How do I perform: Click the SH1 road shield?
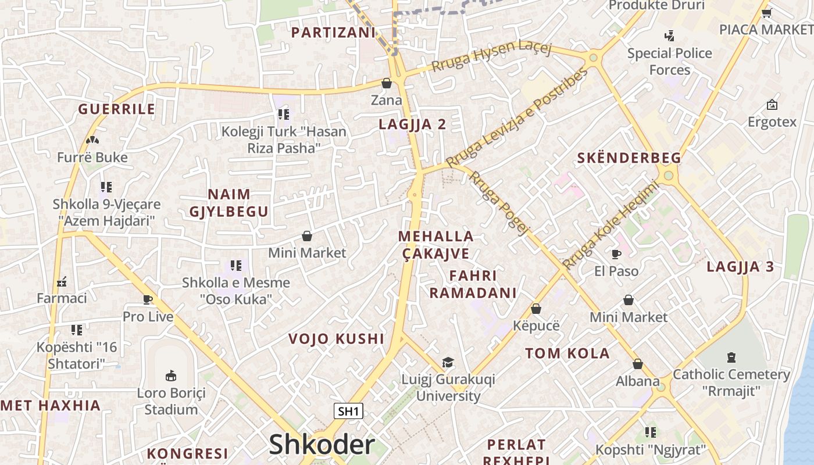click(349, 412)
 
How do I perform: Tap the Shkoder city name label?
click(322, 445)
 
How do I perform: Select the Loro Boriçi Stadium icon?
click(171, 375)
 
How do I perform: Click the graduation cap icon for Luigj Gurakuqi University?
click(448, 362)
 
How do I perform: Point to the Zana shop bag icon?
click(387, 83)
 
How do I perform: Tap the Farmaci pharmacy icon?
click(62, 282)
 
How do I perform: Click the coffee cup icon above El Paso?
click(616, 254)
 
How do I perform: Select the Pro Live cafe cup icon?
click(148, 300)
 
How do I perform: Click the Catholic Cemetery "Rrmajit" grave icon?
click(731, 357)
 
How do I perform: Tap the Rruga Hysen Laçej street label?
click(491, 56)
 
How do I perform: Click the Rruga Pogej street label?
click(498, 202)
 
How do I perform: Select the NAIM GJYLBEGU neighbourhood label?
click(229, 203)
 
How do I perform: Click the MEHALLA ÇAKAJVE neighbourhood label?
click(436, 245)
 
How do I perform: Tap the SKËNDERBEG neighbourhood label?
click(629, 158)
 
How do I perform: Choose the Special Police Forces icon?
click(669, 36)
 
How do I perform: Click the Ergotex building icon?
click(772, 105)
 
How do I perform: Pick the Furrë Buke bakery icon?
click(92, 140)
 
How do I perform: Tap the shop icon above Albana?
click(638, 364)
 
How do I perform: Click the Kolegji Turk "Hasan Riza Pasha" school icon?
click(284, 115)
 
